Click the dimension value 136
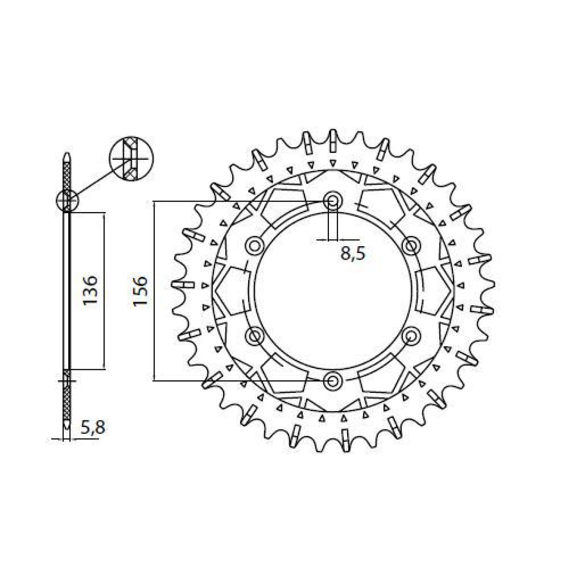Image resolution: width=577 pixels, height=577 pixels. click(x=90, y=290)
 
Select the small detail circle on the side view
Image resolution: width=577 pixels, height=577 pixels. click(x=66, y=201)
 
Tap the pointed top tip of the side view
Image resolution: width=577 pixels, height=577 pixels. click(x=67, y=157)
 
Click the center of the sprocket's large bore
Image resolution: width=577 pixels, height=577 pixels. click(x=332, y=291)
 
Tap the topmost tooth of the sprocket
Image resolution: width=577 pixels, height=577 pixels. click(x=332, y=137)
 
